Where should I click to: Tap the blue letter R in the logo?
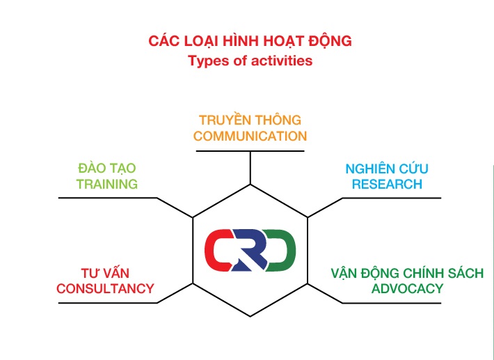(249, 250)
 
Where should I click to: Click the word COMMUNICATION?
(250, 136)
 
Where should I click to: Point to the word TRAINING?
(107, 184)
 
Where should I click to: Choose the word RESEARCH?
(387, 184)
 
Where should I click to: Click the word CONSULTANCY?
(105, 288)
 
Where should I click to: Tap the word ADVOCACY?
(407, 288)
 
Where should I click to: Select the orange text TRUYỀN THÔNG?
(250, 120)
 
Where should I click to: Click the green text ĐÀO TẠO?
(107, 169)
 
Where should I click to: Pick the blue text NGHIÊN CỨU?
(387, 169)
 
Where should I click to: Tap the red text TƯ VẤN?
(105, 272)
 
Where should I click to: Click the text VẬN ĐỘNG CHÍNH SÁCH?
(407, 273)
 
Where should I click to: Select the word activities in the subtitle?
(282, 60)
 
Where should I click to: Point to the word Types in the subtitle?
(209, 61)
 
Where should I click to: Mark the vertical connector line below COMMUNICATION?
(250, 168)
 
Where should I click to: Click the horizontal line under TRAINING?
(108, 198)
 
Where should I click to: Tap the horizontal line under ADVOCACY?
(392, 304)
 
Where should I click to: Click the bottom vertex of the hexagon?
(250, 317)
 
